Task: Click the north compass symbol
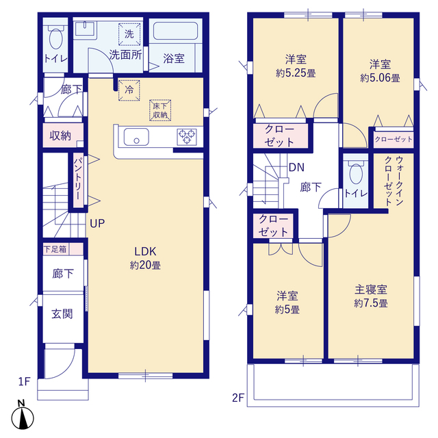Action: click(23, 416)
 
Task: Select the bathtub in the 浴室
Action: click(175, 31)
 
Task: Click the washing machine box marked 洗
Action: click(129, 34)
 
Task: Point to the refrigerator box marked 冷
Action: click(129, 90)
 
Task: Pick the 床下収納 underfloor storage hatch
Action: click(160, 110)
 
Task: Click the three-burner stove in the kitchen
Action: click(187, 137)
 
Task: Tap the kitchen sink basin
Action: click(136, 137)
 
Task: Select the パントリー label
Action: click(79, 179)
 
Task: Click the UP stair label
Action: click(97, 224)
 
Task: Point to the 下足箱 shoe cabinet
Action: click(63, 249)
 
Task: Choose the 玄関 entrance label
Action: click(62, 314)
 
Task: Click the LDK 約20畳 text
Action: click(145, 258)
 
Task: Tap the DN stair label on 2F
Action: click(296, 167)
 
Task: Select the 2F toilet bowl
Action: click(356, 173)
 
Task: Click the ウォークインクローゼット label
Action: click(394, 181)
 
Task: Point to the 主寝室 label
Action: click(371, 289)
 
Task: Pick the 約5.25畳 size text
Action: click(296, 73)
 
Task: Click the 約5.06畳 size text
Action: click(381, 78)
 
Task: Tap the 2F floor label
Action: click(238, 398)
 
